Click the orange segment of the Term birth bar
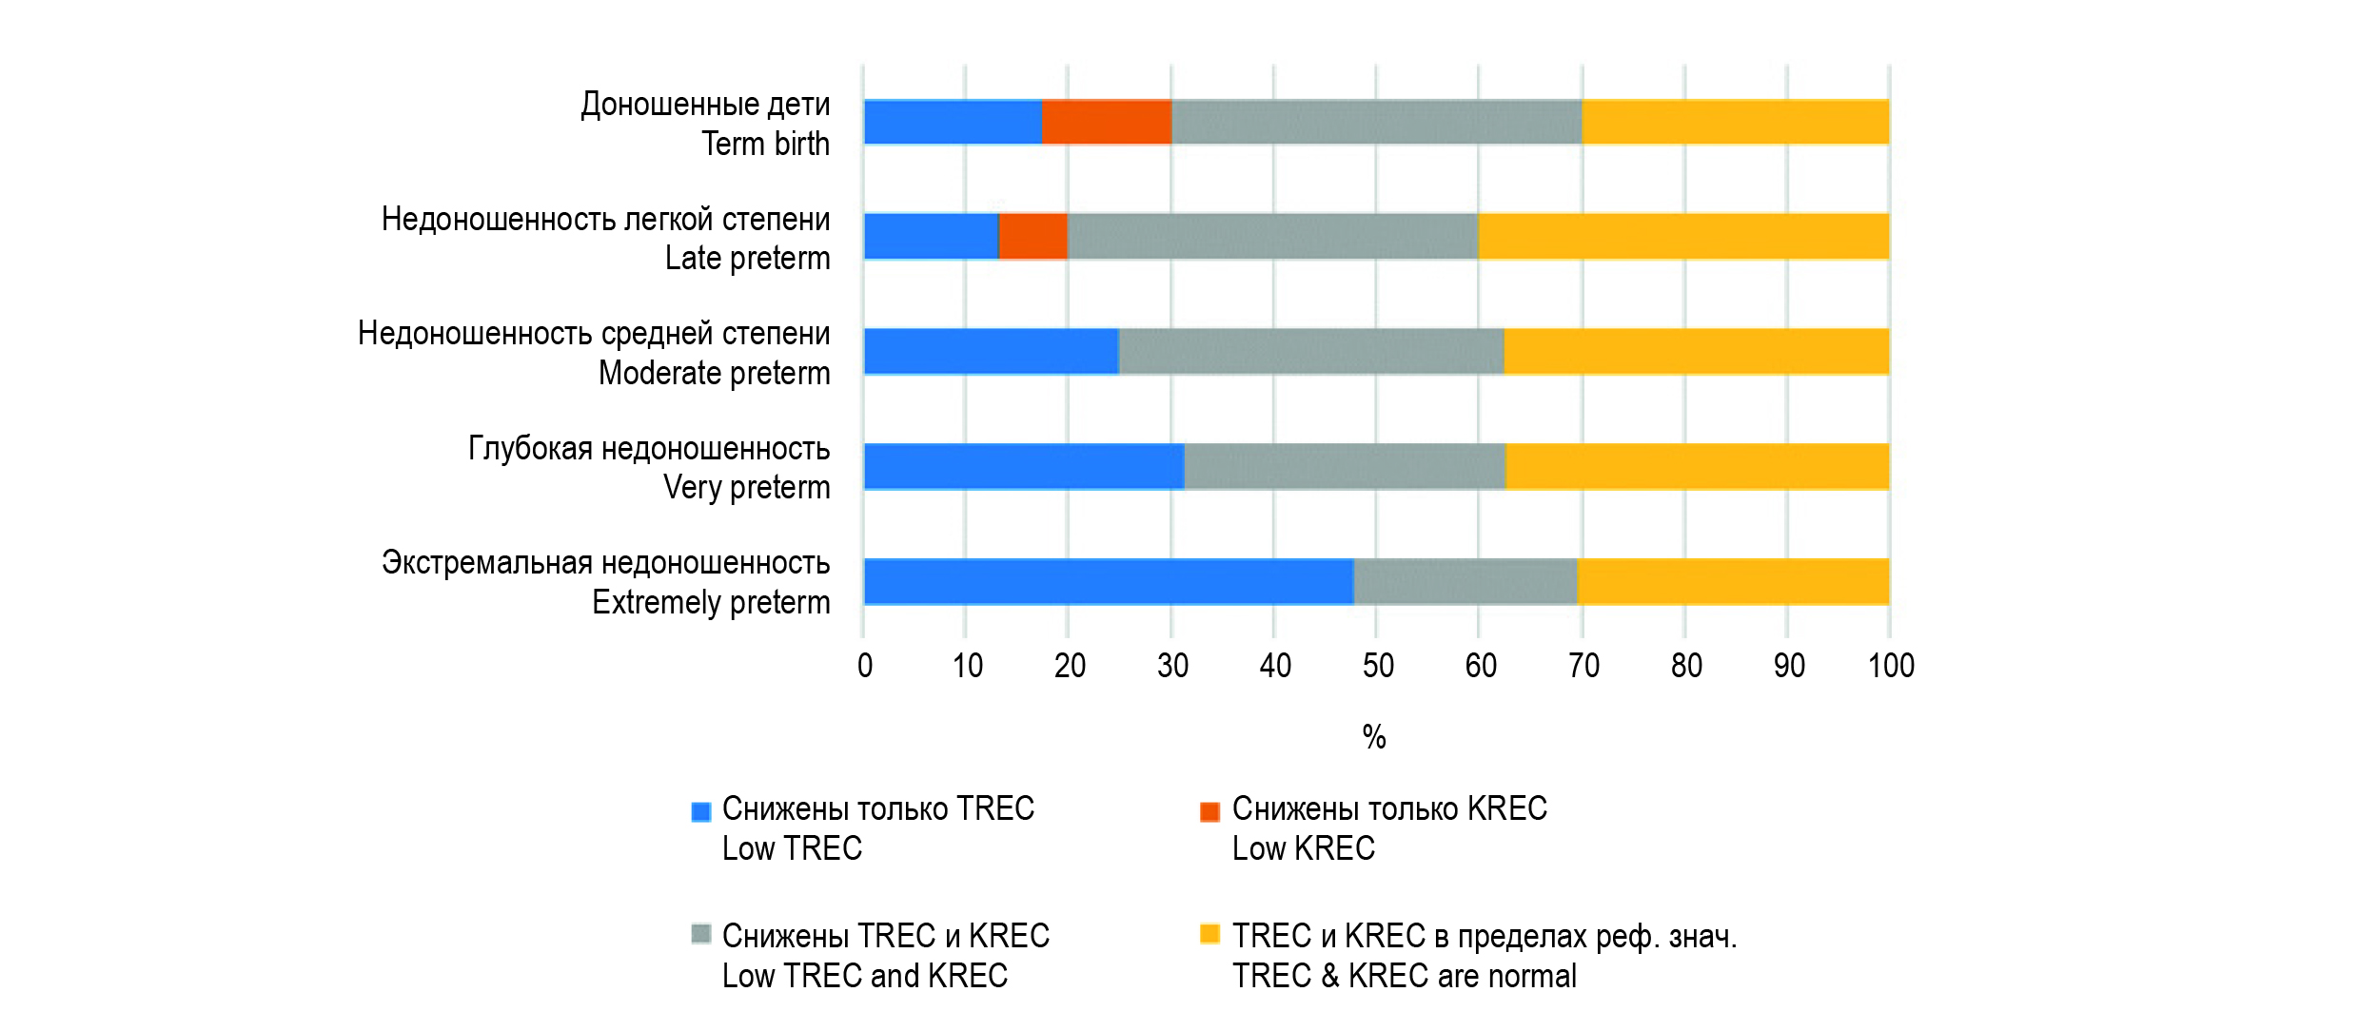pyautogui.click(x=1107, y=122)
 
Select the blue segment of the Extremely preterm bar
pyautogui.click(x=1109, y=581)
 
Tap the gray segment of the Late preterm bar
pyautogui.click(x=1272, y=236)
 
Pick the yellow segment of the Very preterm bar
pyautogui.click(x=1697, y=466)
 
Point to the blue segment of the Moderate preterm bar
pyautogui.click(x=992, y=351)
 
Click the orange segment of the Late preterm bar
pyautogui.click(x=1033, y=236)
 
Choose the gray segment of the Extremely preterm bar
pyautogui.click(x=1465, y=581)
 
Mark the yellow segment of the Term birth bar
pyautogui.click(x=1735, y=122)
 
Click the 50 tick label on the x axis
pyautogui.click(x=1378, y=666)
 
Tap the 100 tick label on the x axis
pyautogui.click(x=1891, y=666)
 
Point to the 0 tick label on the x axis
pyautogui.click(x=865, y=666)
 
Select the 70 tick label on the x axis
pyautogui.click(x=1583, y=666)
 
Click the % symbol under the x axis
pyautogui.click(x=1374, y=736)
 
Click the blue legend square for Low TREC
pyautogui.click(x=701, y=811)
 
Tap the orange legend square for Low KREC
pyautogui.click(x=1209, y=811)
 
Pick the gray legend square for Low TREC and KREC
pyautogui.click(x=701, y=934)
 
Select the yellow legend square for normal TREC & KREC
pyautogui.click(x=1209, y=934)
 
